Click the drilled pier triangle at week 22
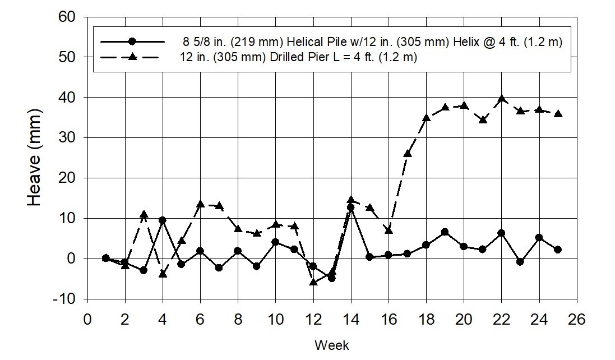pyautogui.click(x=502, y=99)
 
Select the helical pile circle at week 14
pyautogui.click(x=351, y=207)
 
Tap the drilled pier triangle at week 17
pyautogui.click(x=408, y=153)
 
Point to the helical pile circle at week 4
pyautogui.click(x=163, y=220)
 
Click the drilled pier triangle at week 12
pyautogui.click(x=313, y=281)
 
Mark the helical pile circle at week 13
pyautogui.click(x=332, y=278)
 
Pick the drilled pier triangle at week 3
pyautogui.click(x=144, y=214)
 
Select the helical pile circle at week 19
pyautogui.click(x=445, y=232)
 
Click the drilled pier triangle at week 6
pyautogui.click(x=200, y=204)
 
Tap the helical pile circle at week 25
pyautogui.click(x=558, y=250)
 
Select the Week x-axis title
pyautogui.click(x=331, y=344)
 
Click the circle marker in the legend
pyautogui.click(x=132, y=41)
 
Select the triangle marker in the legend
pyautogui.click(x=132, y=57)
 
